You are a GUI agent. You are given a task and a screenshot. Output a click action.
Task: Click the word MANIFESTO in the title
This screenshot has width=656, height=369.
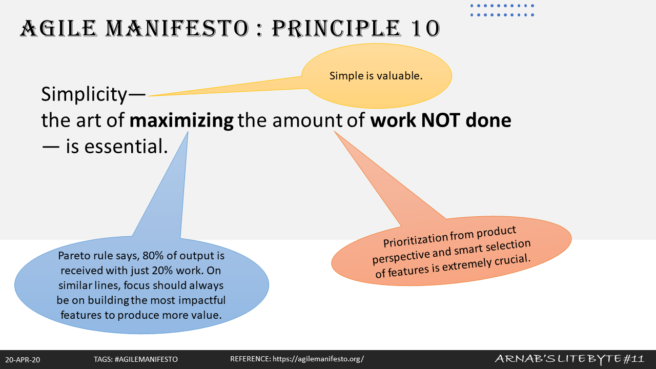click(177, 28)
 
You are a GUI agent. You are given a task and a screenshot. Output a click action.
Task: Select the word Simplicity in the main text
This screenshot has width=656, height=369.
click(84, 94)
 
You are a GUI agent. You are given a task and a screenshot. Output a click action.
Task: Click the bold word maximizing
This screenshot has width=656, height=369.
click(181, 120)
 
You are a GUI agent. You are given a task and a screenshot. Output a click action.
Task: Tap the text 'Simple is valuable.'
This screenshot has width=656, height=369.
click(376, 76)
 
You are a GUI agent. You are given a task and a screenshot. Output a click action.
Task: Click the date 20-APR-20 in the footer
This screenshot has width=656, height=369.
click(23, 360)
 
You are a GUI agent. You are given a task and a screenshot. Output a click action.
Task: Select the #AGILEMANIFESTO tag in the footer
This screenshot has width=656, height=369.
click(146, 359)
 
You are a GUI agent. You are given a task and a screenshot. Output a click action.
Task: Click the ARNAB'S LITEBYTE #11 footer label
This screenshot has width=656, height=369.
click(569, 358)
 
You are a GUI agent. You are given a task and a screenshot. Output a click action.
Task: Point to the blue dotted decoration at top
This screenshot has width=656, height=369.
click(502, 10)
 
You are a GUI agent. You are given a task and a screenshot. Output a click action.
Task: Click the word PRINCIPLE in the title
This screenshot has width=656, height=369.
click(336, 28)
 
